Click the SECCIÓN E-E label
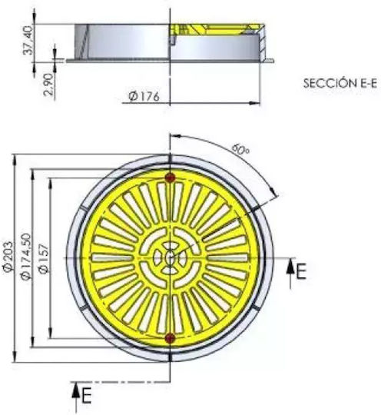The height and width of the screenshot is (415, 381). point(340,83)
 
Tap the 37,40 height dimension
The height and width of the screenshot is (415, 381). point(28,40)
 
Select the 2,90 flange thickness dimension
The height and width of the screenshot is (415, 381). point(49,85)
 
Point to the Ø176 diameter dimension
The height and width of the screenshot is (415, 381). point(144,97)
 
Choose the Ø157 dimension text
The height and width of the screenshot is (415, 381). point(44,258)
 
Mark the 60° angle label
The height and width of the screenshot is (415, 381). point(240,150)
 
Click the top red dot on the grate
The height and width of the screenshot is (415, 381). point(170,178)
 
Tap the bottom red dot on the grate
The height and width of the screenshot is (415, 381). point(170,337)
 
